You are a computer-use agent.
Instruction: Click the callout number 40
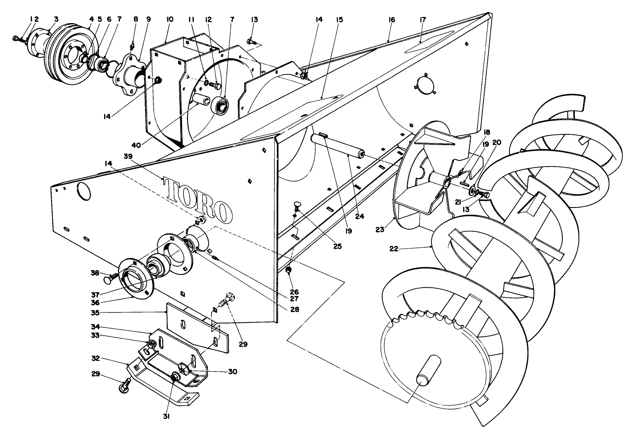(136, 145)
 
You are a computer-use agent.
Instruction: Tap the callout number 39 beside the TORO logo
(128, 156)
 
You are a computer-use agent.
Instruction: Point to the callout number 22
(394, 249)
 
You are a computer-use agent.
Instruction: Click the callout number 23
(380, 229)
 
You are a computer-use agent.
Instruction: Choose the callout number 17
(423, 20)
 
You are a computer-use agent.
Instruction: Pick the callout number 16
(391, 20)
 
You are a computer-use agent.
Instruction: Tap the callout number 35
(95, 313)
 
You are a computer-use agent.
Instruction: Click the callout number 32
(95, 358)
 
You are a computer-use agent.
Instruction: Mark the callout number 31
(166, 416)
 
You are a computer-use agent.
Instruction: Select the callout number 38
(95, 273)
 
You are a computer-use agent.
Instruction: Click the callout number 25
(338, 246)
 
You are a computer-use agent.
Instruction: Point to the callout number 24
(359, 217)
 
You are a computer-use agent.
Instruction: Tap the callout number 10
(169, 19)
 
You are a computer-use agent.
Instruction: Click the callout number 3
(56, 19)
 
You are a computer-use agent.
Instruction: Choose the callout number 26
(294, 292)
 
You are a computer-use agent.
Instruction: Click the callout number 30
(233, 372)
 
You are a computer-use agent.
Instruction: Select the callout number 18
(487, 132)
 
